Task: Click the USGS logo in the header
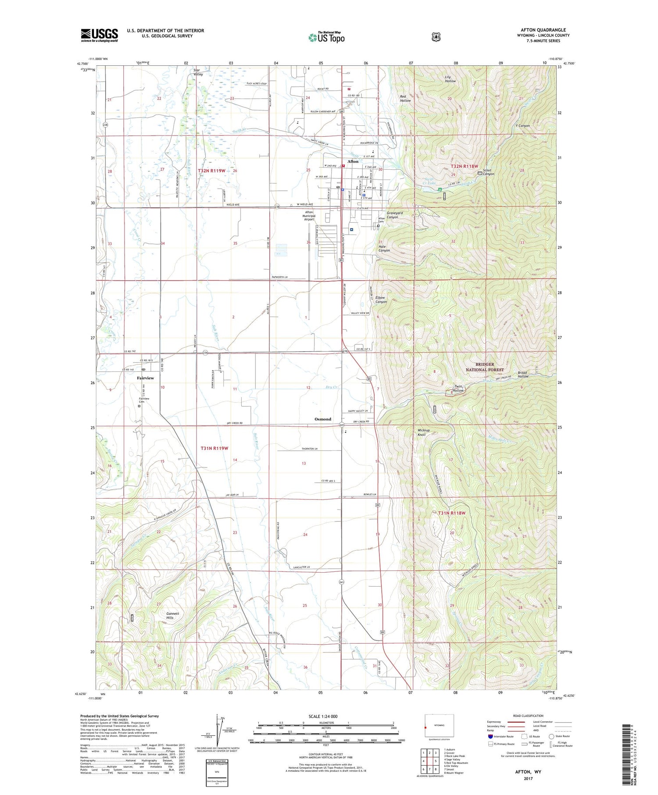[99, 35]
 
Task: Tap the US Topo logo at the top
[326, 37]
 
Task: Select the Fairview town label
[145, 378]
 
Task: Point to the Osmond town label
[323, 419]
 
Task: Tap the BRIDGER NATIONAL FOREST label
[485, 367]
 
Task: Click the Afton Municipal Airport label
[309, 216]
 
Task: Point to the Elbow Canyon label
[381, 299]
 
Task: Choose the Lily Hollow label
[450, 79]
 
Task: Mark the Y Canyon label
[522, 126]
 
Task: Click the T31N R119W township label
[215, 448]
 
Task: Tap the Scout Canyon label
[488, 172]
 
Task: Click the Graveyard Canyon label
[394, 215]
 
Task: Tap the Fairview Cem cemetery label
[144, 400]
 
